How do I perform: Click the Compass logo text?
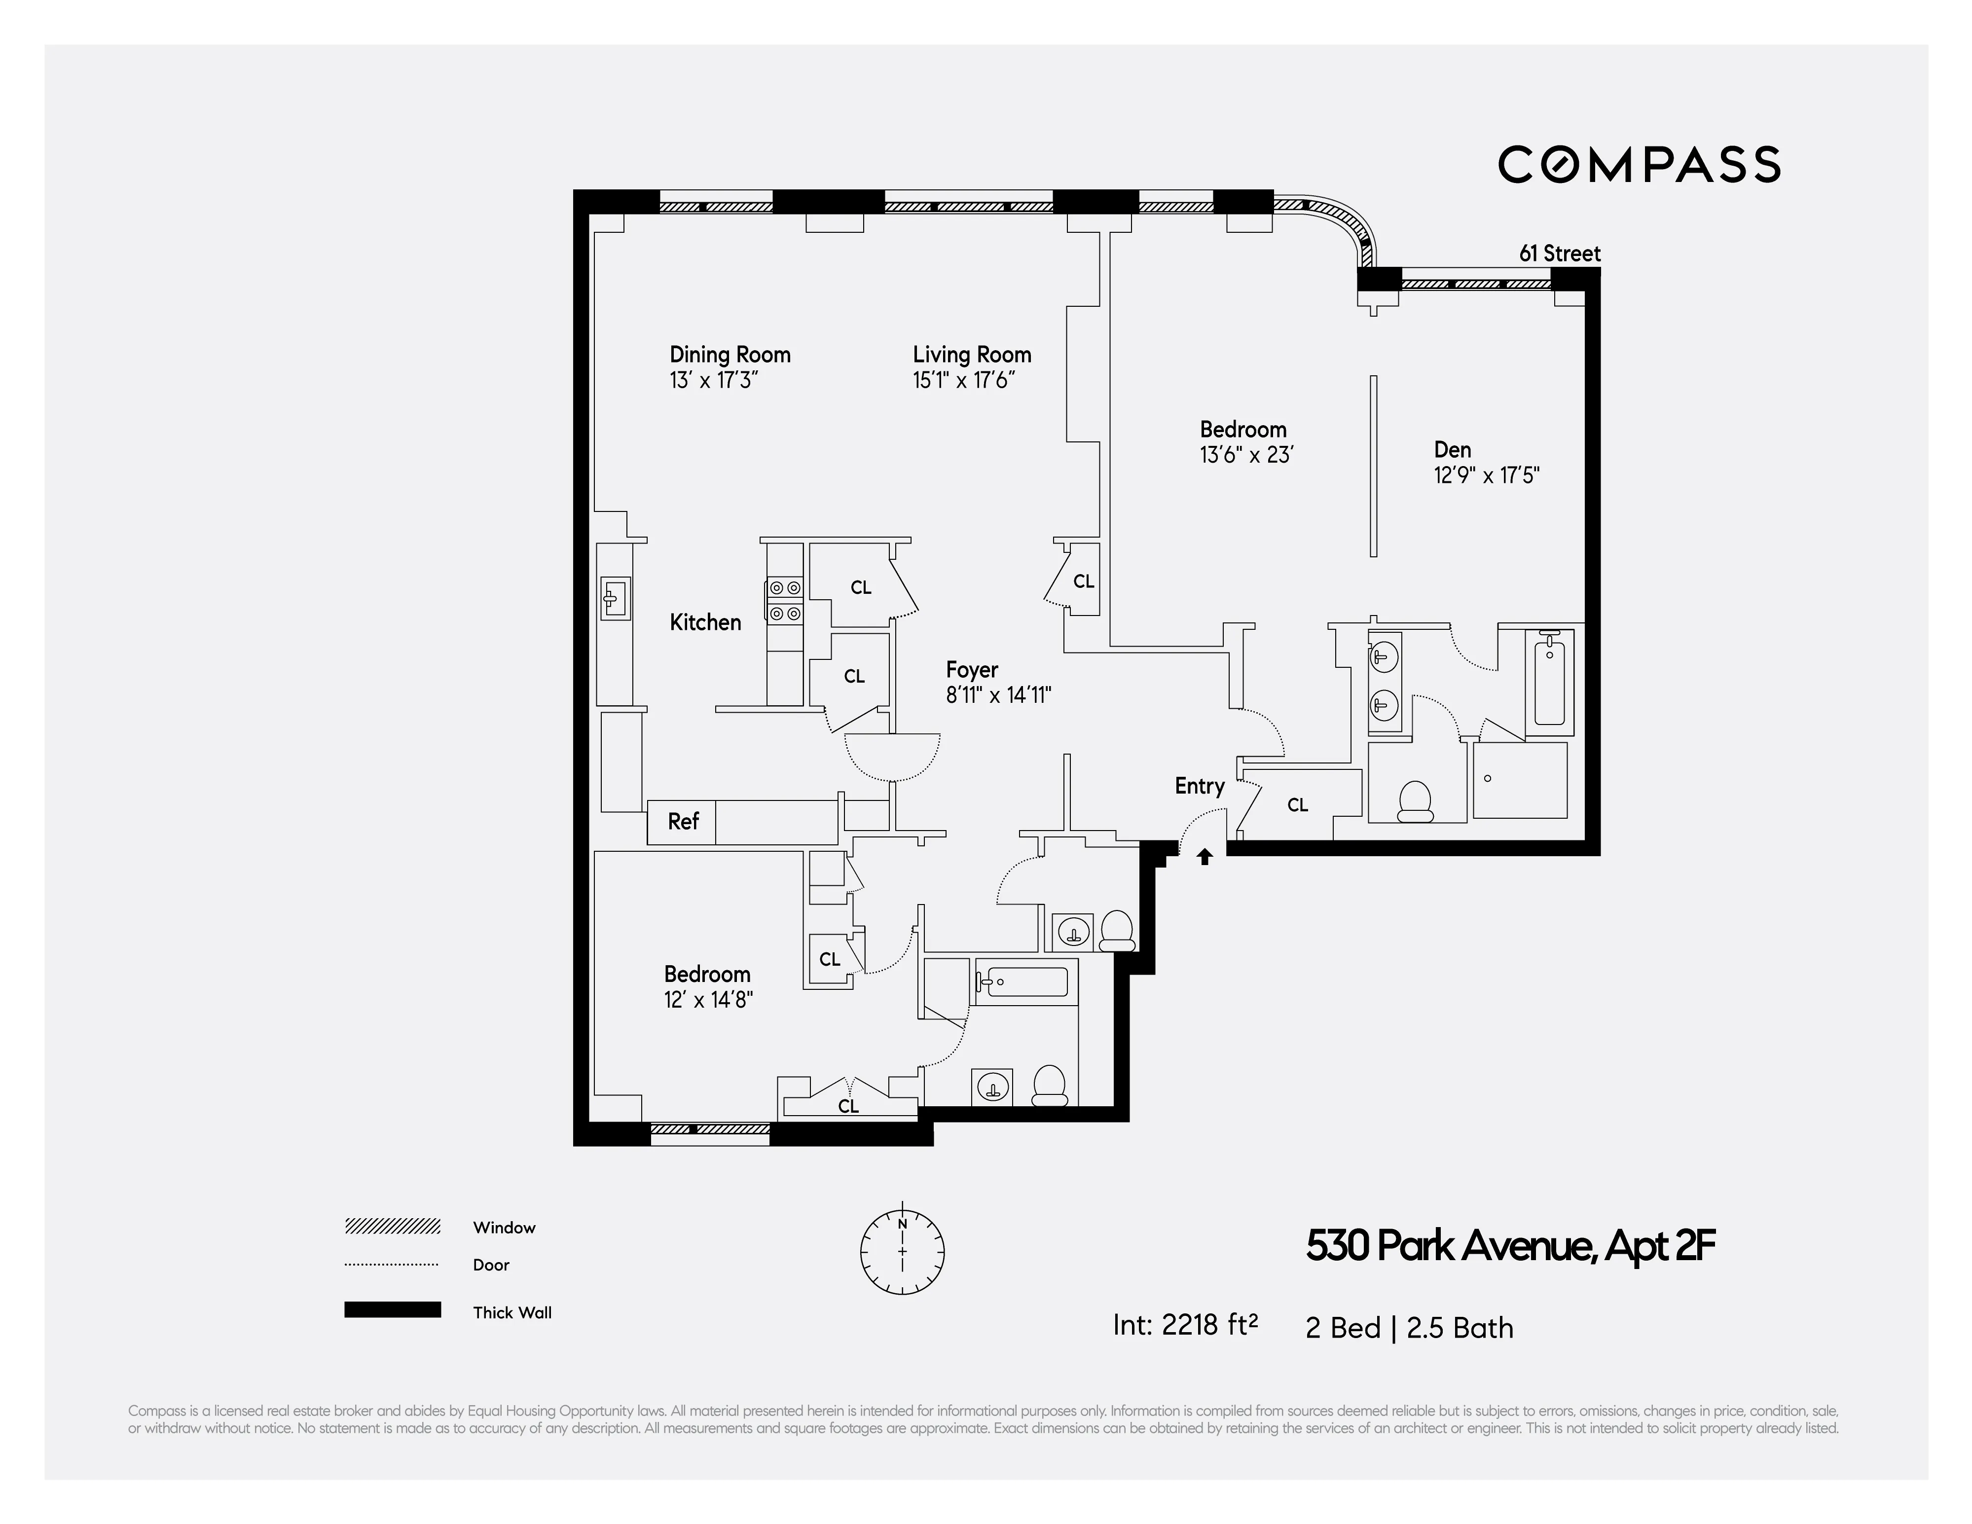click(1639, 164)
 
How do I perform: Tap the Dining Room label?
click(730, 355)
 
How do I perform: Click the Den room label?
click(1452, 450)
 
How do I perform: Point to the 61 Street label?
click(1559, 254)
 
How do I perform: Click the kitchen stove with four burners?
click(784, 600)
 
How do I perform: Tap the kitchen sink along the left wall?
click(615, 598)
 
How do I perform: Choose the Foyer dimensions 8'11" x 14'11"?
click(998, 695)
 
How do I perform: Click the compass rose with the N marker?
click(902, 1251)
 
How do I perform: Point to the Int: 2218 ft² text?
click(1185, 1324)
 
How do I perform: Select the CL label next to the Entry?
click(1298, 804)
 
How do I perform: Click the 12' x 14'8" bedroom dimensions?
click(708, 999)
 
